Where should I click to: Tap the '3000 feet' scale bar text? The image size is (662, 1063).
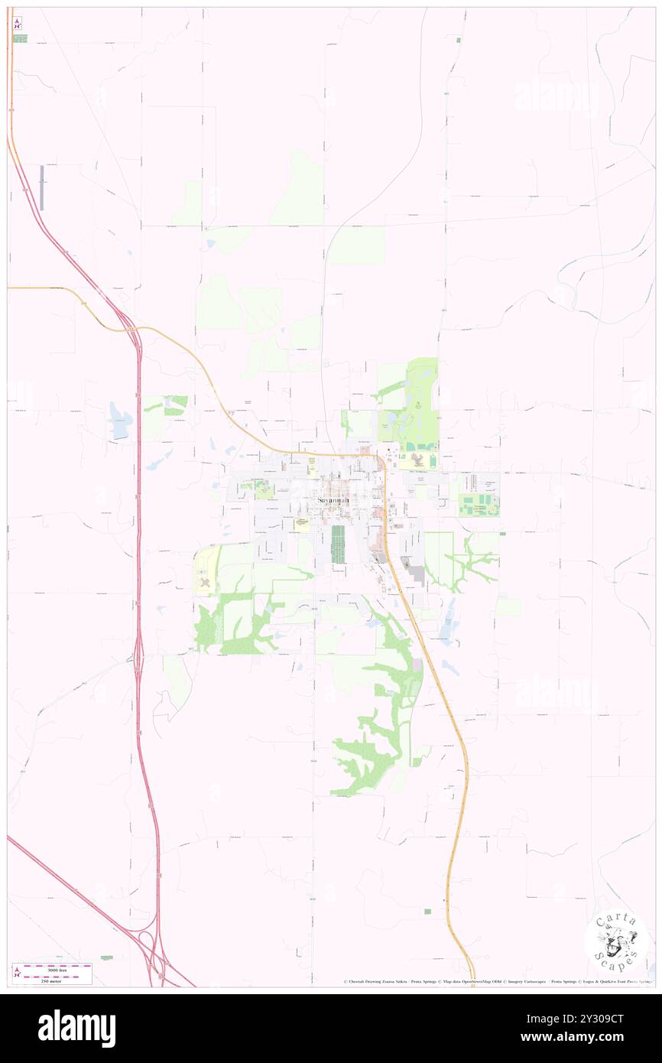(52, 967)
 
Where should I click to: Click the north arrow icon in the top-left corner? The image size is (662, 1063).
(17, 24)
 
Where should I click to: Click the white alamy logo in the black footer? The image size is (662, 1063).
(76, 1029)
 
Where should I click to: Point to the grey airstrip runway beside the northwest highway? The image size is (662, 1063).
(42, 188)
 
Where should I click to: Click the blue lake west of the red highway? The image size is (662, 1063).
(120, 421)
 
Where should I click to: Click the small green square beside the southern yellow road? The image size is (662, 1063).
(427, 911)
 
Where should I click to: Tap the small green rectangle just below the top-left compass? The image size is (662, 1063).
(20, 38)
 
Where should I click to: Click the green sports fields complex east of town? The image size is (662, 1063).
(479, 505)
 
